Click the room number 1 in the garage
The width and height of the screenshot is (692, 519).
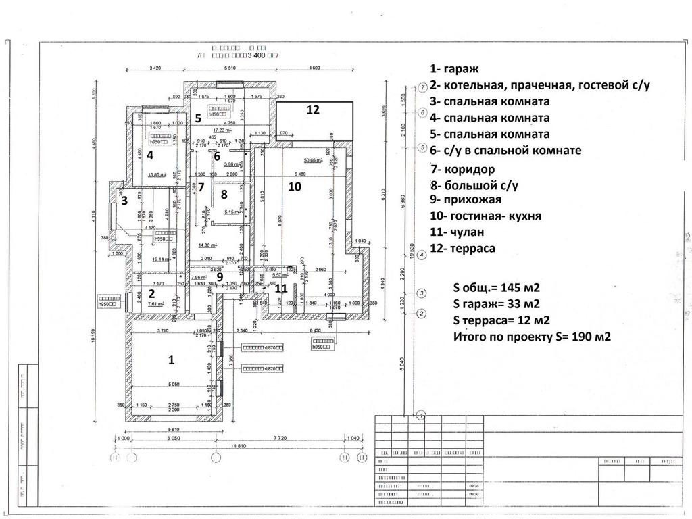(171, 360)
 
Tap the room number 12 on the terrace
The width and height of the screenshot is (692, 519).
(312, 109)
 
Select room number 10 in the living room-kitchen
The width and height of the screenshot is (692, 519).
(294, 187)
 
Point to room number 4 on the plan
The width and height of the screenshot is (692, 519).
(150, 155)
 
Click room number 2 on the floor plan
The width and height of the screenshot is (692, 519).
(152, 293)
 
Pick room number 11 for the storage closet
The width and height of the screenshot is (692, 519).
(281, 287)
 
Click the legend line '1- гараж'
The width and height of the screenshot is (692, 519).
(453, 69)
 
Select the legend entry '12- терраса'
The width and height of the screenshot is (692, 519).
(462, 248)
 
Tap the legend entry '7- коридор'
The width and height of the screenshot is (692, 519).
(462, 169)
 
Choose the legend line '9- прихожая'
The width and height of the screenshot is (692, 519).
(465, 199)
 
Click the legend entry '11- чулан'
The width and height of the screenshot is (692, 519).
(457, 232)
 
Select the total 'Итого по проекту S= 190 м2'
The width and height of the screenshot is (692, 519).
(532, 336)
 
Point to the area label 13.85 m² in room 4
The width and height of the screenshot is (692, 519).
(157, 175)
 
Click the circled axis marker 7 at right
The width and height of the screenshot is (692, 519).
(422, 87)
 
